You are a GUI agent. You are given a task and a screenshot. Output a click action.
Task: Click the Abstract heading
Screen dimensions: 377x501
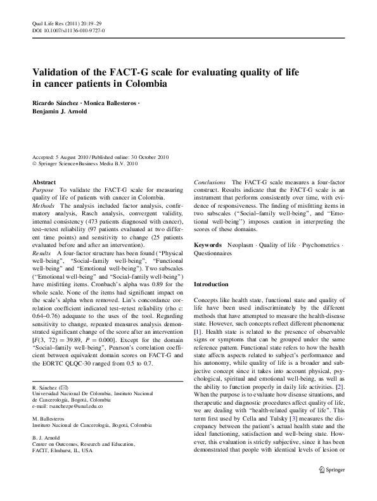click(x=44, y=182)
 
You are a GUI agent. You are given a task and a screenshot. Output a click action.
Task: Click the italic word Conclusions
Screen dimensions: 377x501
click(x=210, y=182)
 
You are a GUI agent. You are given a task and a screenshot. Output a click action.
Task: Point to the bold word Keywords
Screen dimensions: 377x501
click(x=207, y=244)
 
